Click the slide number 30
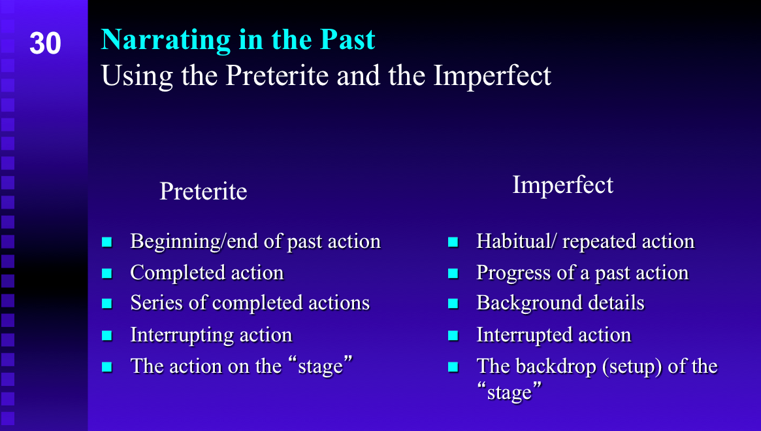45,43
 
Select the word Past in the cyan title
348,39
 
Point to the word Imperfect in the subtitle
492,75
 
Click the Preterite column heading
203,191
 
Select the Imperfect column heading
563,185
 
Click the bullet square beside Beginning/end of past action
106,242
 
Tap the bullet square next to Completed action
106,273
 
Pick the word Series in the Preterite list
156,303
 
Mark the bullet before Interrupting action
106,336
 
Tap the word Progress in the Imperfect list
513,273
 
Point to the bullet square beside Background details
453,303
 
